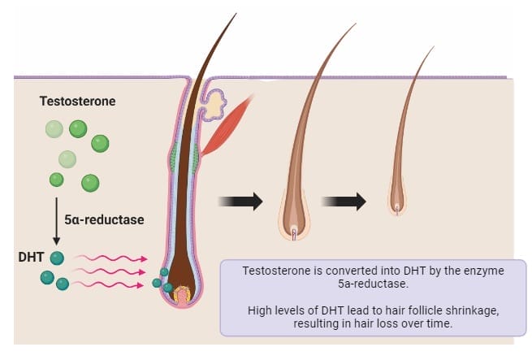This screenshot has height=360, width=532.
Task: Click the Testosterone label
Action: [78, 102]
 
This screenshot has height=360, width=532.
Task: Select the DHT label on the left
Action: [29, 257]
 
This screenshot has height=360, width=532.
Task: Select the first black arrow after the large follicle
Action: [241, 201]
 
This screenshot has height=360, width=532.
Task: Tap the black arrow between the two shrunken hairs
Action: [344, 201]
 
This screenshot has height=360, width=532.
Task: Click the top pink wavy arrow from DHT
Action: [115, 259]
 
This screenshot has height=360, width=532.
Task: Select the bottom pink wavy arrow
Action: [115, 285]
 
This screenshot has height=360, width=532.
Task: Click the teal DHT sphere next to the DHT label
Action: [57, 258]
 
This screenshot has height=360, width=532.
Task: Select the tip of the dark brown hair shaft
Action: [236, 14]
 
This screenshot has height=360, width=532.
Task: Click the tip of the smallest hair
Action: [433, 47]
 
